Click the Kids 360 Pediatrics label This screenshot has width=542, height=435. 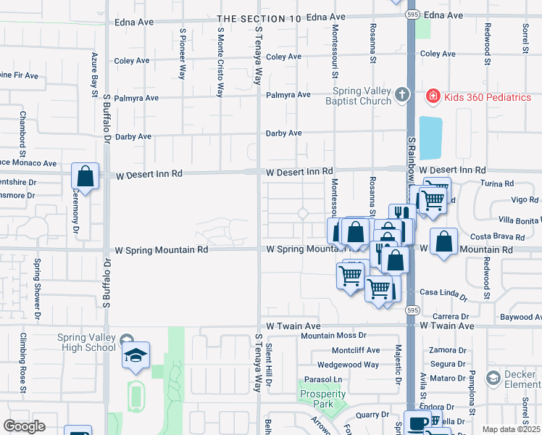point(488,96)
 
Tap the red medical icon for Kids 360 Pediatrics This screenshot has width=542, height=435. point(433,96)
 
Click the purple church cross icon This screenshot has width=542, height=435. point(402,95)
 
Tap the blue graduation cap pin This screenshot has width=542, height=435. point(135,355)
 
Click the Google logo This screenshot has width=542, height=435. point(24,426)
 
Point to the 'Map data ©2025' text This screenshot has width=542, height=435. point(511,429)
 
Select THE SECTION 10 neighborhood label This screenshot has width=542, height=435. point(259,18)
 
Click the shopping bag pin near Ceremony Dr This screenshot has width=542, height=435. point(86,176)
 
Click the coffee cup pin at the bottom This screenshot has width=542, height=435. point(418,423)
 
